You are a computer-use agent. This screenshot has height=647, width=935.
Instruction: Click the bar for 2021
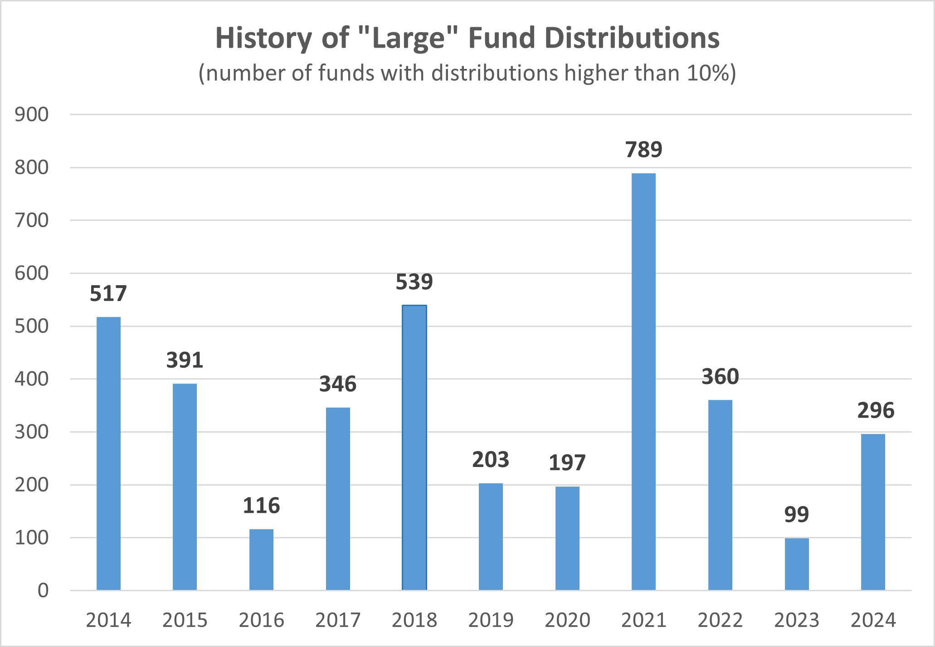(x=643, y=381)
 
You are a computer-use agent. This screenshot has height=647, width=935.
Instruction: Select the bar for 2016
(x=261, y=559)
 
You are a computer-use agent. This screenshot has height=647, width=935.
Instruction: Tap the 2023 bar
(x=797, y=564)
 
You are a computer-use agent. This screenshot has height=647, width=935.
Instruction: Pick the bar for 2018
(x=414, y=448)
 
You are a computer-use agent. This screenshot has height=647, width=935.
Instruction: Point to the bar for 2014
(x=108, y=453)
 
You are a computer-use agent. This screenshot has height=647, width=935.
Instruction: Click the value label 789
(x=643, y=150)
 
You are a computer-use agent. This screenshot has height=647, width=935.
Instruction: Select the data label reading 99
(x=797, y=515)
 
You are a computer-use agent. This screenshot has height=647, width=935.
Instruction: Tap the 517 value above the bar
(x=108, y=294)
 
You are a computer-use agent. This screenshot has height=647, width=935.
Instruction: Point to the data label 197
(x=567, y=463)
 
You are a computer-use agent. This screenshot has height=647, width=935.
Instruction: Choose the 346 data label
(x=338, y=384)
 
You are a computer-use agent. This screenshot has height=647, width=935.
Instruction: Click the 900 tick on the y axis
(x=31, y=115)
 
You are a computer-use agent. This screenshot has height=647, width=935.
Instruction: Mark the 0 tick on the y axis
(x=43, y=591)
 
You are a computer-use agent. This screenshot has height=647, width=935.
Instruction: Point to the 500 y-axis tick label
(x=31, y=326)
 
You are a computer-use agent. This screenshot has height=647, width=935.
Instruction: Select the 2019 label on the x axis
(x=491, y=620)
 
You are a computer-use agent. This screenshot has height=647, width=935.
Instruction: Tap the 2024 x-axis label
(x=873, y=620)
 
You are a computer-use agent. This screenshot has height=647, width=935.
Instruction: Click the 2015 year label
(x=185, y=620)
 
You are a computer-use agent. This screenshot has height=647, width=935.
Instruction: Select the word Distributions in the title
(x=632, y=38)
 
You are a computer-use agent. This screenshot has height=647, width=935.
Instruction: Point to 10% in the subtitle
(x=708, y=73)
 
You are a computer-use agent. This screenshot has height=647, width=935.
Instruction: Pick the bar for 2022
(x=720, y=495)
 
